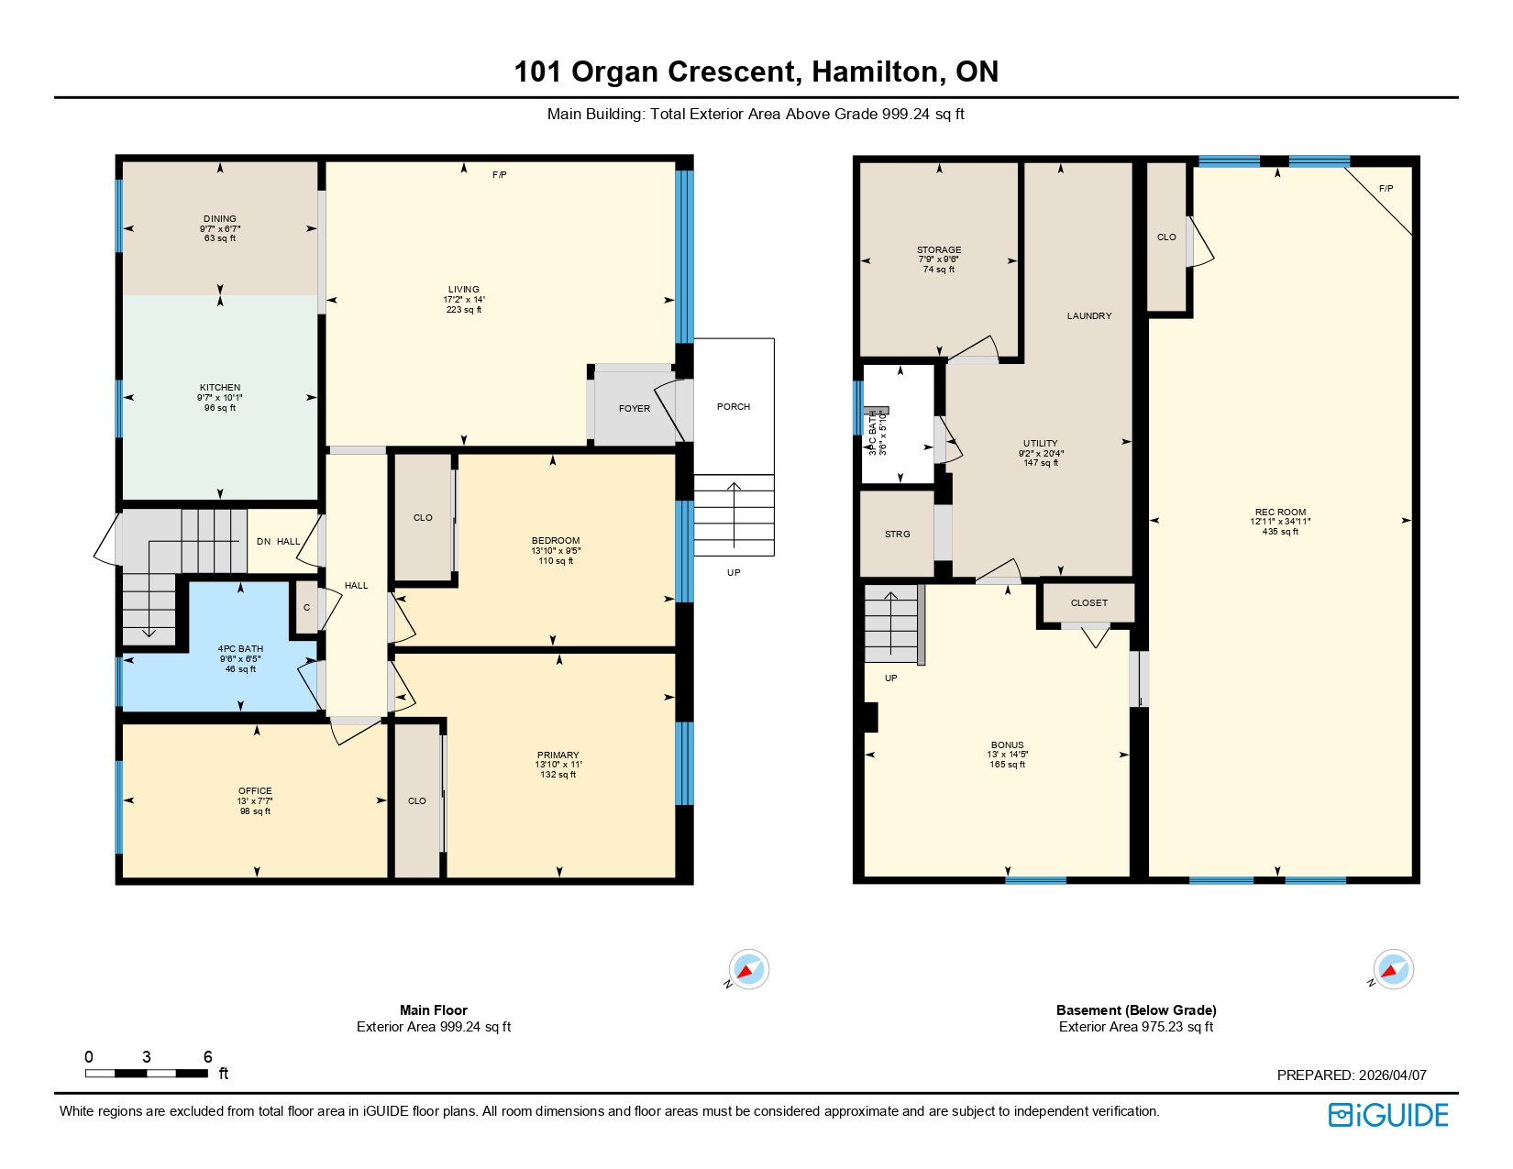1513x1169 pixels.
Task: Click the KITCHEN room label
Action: coord(220,388)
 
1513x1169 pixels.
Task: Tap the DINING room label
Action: coord(220,219)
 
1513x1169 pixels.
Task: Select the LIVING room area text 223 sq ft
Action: coord(464,310)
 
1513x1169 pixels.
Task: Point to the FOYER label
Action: coord(634,409)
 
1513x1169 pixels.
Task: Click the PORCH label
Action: coord(734,406)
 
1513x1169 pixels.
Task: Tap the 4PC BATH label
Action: coord(240,649)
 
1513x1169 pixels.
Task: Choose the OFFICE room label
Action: coord(255,790)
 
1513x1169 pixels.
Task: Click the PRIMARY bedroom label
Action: coord(558,755)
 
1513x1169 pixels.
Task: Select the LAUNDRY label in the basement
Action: coord(1089,315)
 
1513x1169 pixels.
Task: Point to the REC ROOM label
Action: coord(1280,513)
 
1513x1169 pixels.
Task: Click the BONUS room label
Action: coord(1007,745)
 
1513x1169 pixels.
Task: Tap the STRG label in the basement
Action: coord(898,534)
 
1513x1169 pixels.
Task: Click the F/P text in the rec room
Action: coord(1386,189)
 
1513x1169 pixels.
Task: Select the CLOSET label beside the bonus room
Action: coord(1089,602)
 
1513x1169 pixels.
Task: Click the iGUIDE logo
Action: coord(1388,1115)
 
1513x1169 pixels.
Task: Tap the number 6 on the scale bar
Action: coord(207,1056)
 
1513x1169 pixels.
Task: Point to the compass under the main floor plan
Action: coord(748,969)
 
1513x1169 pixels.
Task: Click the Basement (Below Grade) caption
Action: coord(1136,1010)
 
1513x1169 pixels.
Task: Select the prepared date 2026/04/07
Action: coord(1392,1075)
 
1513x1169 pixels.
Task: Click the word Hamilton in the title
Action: coord(875,72)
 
